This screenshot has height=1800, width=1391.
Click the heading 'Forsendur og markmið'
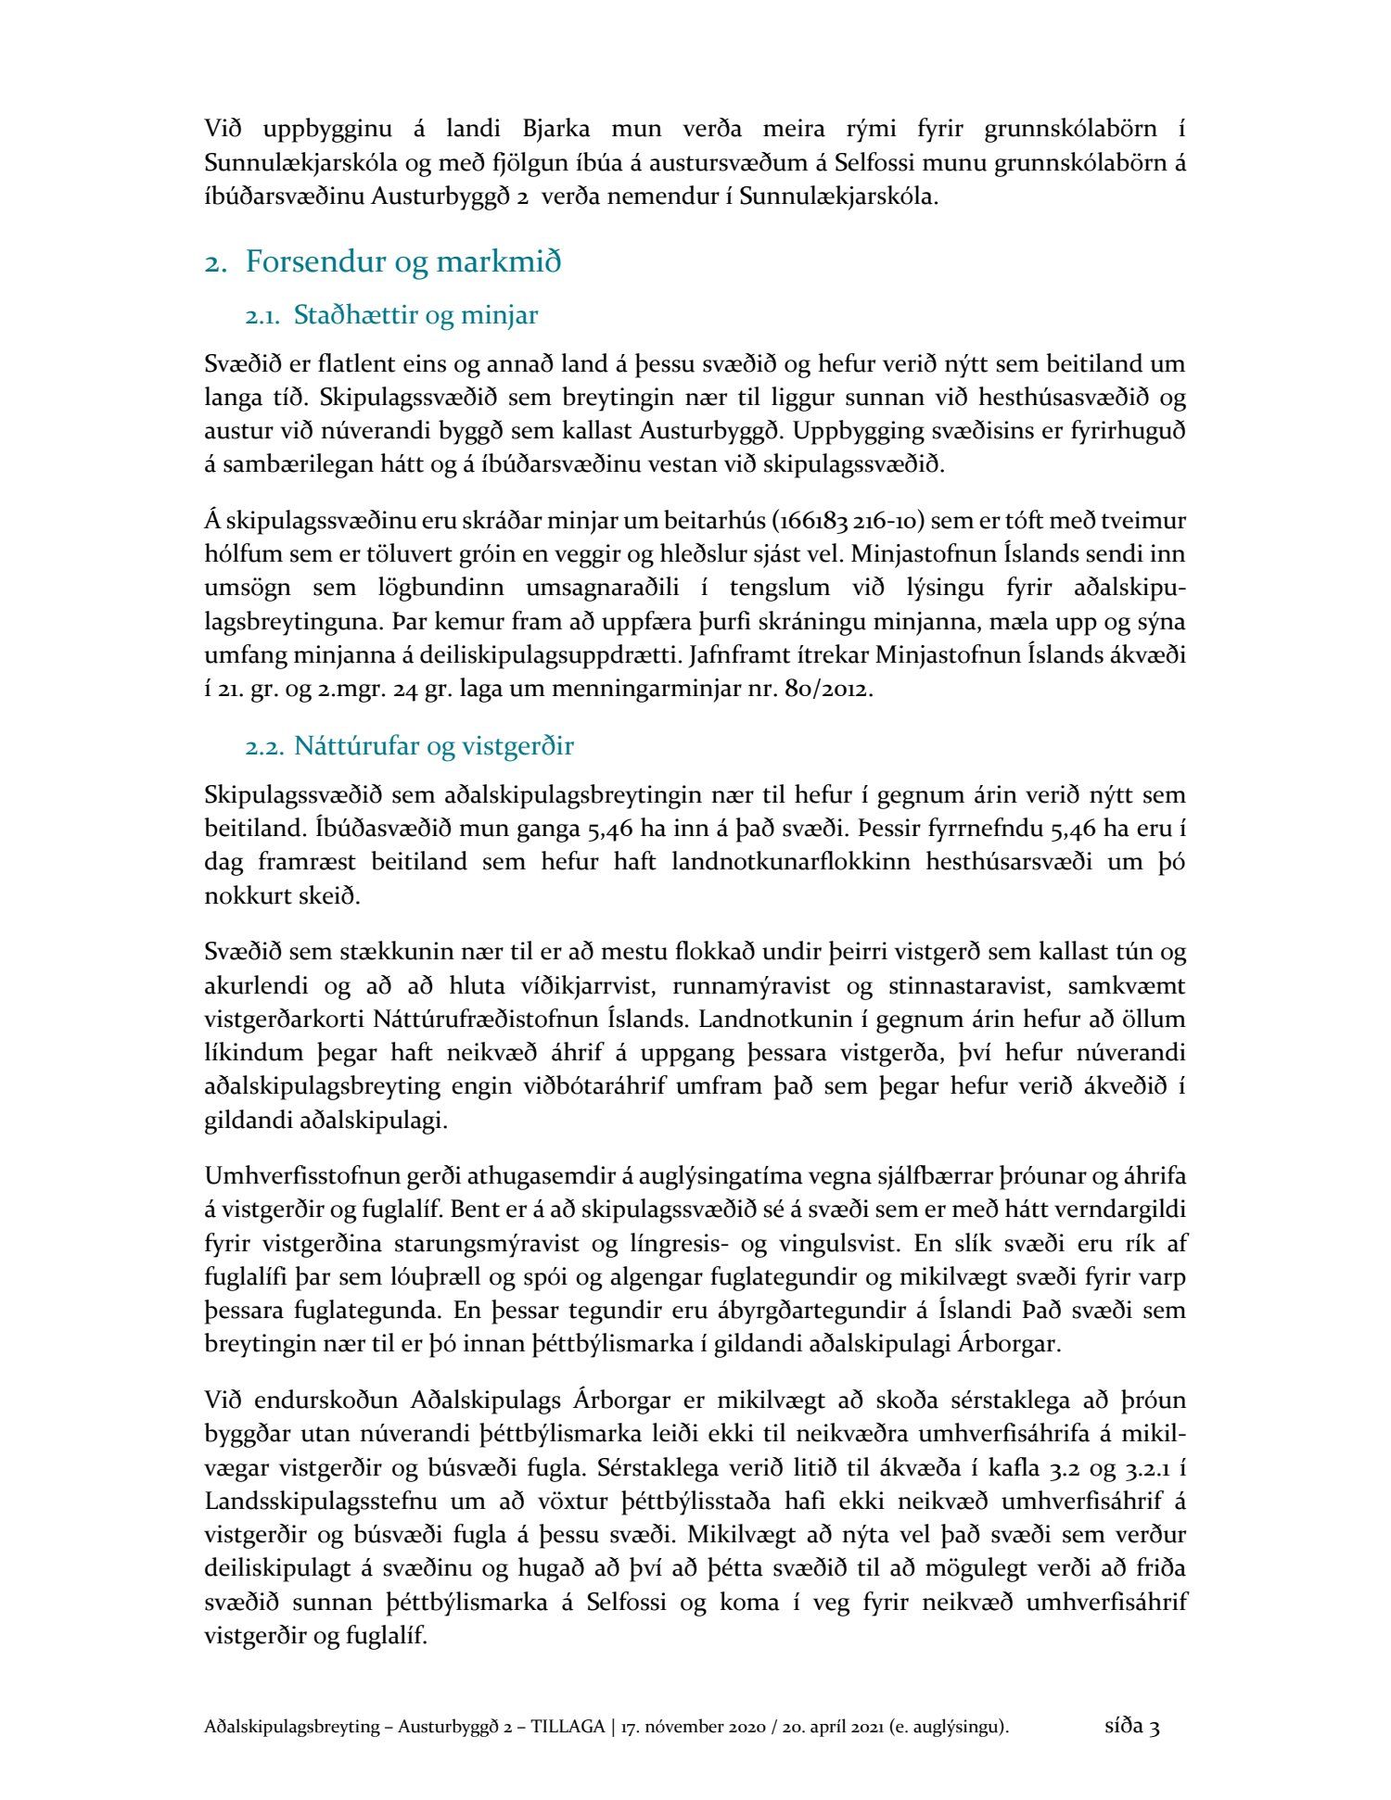[x=402, y=262]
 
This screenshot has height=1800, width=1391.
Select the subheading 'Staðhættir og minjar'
[x=415, y=316]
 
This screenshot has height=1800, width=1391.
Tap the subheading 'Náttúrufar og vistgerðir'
[x=433, y=746]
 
